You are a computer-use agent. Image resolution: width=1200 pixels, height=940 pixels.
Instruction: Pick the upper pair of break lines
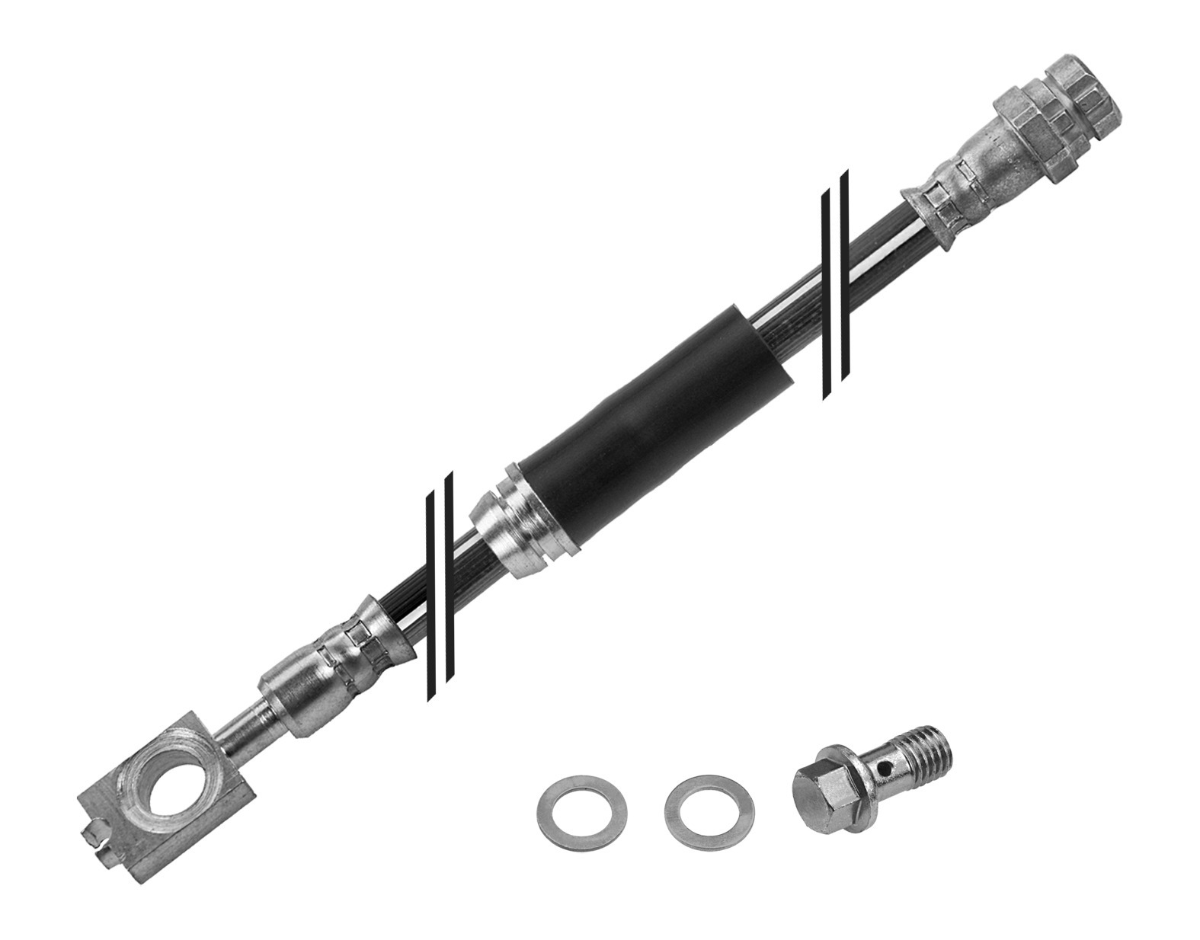[x=835, y=286]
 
